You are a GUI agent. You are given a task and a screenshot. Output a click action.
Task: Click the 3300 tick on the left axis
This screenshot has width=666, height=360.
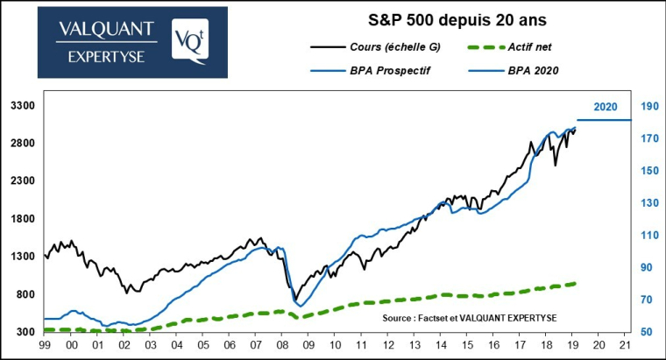21,106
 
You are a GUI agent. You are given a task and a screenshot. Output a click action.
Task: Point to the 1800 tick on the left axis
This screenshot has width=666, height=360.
21,219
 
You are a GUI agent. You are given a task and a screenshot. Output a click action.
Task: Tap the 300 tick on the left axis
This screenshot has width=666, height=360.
24,332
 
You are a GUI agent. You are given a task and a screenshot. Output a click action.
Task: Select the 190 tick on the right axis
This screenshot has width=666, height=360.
649,106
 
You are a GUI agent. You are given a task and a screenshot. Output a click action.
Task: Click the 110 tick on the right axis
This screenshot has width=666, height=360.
649,236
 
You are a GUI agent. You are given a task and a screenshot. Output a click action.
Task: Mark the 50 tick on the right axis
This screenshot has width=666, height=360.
647,332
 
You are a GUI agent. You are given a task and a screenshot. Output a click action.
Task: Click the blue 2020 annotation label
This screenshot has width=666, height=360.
606,107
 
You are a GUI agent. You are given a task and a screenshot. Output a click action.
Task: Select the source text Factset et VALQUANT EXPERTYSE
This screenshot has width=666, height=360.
470,316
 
